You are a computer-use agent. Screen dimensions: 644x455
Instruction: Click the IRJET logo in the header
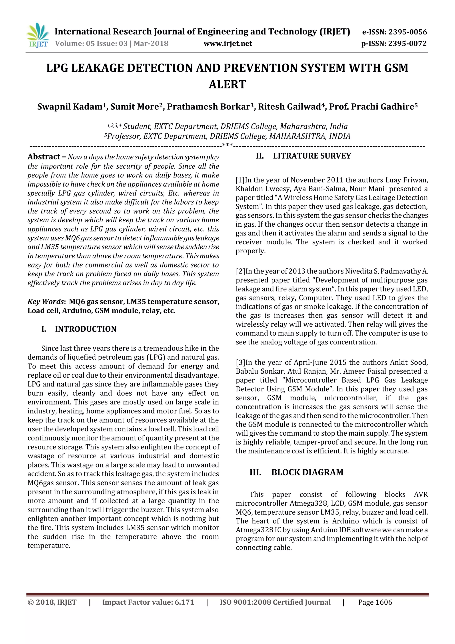click(38, 35)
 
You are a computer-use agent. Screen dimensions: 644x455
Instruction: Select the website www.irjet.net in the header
click(227, 44)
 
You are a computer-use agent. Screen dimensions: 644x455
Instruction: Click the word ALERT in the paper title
click(227, 84)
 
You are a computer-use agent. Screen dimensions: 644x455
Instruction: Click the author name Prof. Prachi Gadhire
click(371, 107)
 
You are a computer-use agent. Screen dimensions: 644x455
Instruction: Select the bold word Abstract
click(44, 157)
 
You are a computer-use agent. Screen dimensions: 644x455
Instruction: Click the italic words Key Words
click(46, 302)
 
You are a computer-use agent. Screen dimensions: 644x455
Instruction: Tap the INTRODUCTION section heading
click(86, 329)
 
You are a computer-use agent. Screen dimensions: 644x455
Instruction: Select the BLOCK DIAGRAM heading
click(307, 472)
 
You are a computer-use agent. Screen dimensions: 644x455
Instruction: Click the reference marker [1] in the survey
click(240, 180)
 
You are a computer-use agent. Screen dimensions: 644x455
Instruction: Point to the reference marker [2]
click(240, 271)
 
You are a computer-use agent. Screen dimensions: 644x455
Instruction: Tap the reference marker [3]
click(240, 362)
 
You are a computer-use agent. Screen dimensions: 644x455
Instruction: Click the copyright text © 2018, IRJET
click(52, 602)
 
